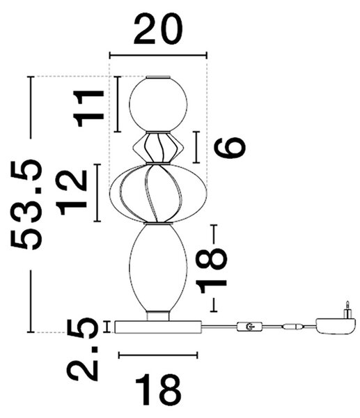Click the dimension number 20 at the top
coord(158,29)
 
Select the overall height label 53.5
coord(26,204)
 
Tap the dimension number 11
coord(88,108)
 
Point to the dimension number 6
coord(230,147)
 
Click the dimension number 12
coord(71,192)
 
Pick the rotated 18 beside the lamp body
coord(211,270)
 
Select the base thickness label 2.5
coord(82,349)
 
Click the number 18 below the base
coord(158,390)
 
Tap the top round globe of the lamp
coord(158,104)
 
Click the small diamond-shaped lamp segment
coord(158,147)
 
